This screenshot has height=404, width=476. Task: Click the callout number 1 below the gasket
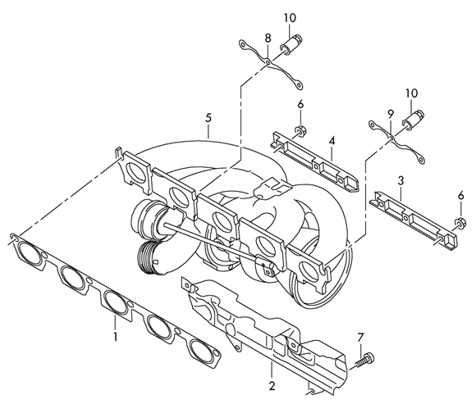point(116,337)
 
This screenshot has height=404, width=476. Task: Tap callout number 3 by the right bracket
point(400,178)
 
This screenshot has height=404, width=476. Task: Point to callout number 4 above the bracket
point(332,141)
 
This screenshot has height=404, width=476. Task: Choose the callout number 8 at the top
point(267,39)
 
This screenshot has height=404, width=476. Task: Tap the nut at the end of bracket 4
point(301,132)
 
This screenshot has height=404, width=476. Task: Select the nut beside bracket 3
point(460,222)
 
